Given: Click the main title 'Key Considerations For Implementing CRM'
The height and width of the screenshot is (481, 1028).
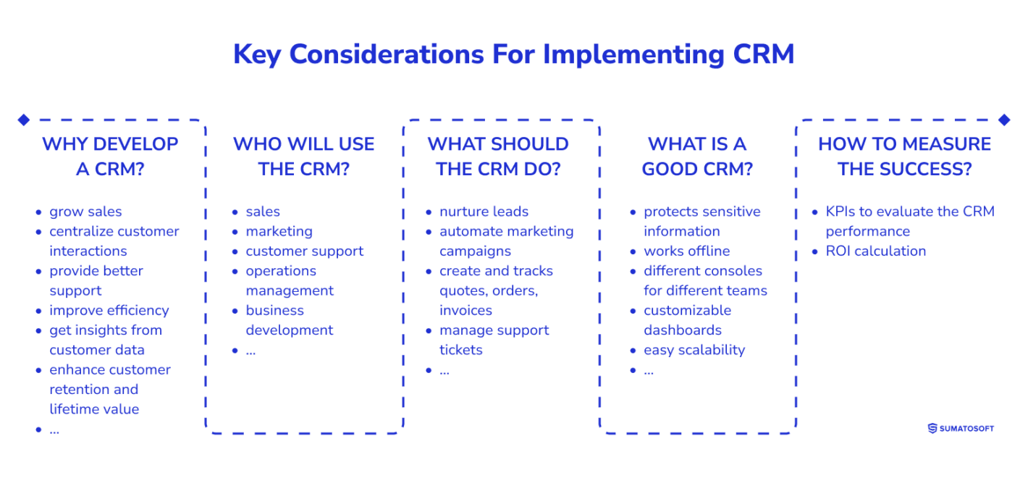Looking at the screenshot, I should (513, 55).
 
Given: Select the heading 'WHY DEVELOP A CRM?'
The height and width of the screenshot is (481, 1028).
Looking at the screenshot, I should (110, 156).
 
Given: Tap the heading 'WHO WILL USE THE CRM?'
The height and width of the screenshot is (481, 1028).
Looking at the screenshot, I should (303, 156).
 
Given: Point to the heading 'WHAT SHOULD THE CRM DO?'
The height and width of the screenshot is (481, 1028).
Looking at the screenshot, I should (498, 156).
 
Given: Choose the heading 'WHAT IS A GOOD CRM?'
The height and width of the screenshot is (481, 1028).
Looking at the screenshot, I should (697, 156).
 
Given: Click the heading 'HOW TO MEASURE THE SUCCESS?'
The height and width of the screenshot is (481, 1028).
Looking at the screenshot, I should (904, 156).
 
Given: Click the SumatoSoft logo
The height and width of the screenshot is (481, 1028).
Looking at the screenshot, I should (961, 428).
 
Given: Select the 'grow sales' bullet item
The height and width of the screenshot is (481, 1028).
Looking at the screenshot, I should (85, 212).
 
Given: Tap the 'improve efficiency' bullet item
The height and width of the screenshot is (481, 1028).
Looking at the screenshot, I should (109, 310).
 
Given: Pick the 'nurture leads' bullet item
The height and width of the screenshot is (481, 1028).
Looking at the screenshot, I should (484, 212).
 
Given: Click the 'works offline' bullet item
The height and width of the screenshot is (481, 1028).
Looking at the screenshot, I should (686, 251).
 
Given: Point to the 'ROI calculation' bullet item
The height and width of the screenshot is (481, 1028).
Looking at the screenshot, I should (875, 251).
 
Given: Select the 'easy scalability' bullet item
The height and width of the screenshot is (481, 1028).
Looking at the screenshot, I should (694, 350).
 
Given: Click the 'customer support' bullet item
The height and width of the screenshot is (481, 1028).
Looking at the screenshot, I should (304, 251).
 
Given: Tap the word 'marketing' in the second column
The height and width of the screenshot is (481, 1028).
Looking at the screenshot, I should (279, 231).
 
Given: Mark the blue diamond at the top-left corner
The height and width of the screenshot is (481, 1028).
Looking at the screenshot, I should (23, 120).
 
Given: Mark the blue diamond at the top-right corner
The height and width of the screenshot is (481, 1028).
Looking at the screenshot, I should (1004, 120).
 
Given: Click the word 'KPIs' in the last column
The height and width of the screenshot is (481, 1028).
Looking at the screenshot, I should (840, 212).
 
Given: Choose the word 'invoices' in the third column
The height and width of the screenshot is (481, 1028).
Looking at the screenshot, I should (465, 310).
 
